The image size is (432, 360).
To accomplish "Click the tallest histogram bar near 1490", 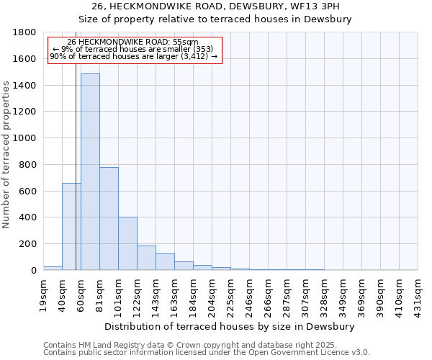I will click(x=90, y=173).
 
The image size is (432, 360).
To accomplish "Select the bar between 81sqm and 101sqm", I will click(x=109, y=219).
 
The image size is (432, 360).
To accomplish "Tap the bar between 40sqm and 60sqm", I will click(x=71, y=227).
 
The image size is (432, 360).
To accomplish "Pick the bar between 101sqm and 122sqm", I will click(x=127, y=243).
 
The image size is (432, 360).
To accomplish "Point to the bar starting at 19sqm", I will click(x=53, y=268).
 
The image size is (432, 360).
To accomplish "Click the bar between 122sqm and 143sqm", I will click(x=146, y=258).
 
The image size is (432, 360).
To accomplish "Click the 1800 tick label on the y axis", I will click(x=25, y=32).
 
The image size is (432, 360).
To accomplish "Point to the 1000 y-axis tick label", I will click(x=25, y=138).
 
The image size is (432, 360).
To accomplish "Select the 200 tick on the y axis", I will click(x=28, y=244).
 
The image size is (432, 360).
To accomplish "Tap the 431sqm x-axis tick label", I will click(x=418, y=294).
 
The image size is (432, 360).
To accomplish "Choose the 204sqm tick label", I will click(x=212, y=294).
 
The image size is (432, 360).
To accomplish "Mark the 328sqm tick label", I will click(x=325, y=294).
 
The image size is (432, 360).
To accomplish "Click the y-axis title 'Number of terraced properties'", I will click(x=6, y=155).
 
